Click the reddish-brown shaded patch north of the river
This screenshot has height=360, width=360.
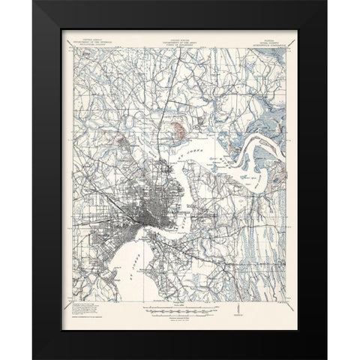click(x=180, y=133)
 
